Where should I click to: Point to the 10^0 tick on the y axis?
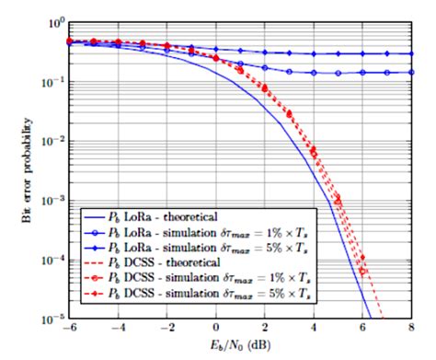tap(54, 22)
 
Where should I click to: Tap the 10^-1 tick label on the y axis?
tap(52, 82)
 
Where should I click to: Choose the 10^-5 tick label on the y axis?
tap(52, 319)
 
